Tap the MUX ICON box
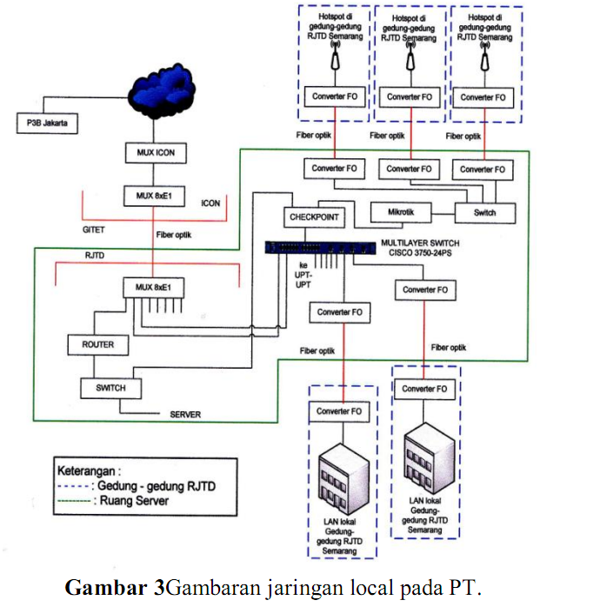(x=155, y=152)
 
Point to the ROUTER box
(x=97, y=344)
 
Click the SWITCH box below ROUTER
(x=104, y=388)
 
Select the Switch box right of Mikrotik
(x=485, y=212)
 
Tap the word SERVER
(x=184, y=415)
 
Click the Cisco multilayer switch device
(x=319, y=246)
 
